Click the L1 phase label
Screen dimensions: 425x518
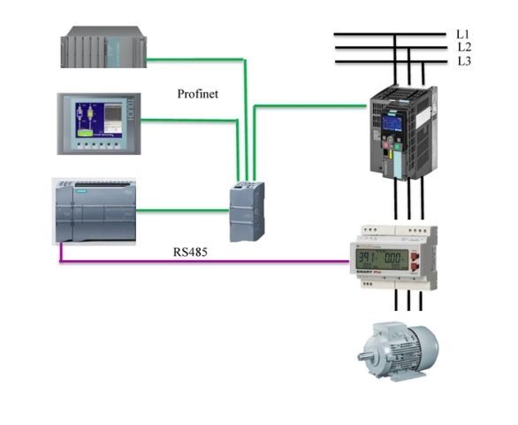[x=464, y=33]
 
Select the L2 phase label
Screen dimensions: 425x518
[x=464, y=47]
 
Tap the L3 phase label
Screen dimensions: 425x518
[x=464, y=61]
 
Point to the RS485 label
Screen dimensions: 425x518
[x=190, y=251]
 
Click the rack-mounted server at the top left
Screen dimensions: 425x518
[x=103, y=48]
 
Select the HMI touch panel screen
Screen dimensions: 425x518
[x=95, y=122]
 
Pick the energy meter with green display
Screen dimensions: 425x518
[x=391, y=257]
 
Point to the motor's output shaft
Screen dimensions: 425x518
[x=366, y=357]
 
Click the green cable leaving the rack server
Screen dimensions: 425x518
[x=194, y=60]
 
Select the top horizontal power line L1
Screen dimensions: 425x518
[x=389, y=35]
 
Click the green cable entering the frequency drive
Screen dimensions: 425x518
[x=309, y=107]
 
